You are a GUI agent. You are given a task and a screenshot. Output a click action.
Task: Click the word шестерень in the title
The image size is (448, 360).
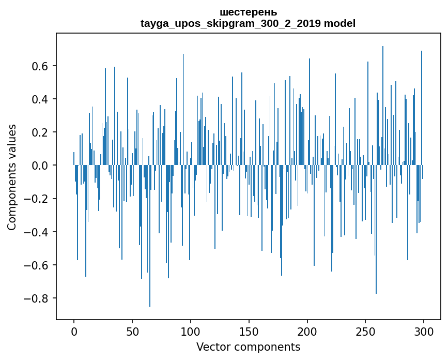tap(248, 12)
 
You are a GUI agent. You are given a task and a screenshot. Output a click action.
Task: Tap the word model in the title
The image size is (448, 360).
tap(339, 23)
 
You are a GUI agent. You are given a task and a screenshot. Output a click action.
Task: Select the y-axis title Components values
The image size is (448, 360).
tap(12, 177)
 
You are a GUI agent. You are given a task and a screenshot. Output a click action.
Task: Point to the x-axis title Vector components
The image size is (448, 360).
tap(248, 347)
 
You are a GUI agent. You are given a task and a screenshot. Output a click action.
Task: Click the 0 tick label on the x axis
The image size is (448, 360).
tap(74, 331)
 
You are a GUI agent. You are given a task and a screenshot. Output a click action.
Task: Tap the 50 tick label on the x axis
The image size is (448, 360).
tap(132, 331)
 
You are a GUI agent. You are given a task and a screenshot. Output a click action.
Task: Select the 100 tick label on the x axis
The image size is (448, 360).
tap(191, 331)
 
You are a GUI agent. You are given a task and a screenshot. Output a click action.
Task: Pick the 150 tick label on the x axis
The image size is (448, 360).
tap(249, 331)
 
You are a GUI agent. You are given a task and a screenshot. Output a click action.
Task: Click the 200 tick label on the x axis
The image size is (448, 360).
tap(307, 331)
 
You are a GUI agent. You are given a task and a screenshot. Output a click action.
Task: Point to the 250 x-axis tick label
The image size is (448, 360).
tap(366, 331)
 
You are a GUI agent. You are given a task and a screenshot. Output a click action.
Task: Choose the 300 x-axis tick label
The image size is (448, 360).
tap(424, 331)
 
